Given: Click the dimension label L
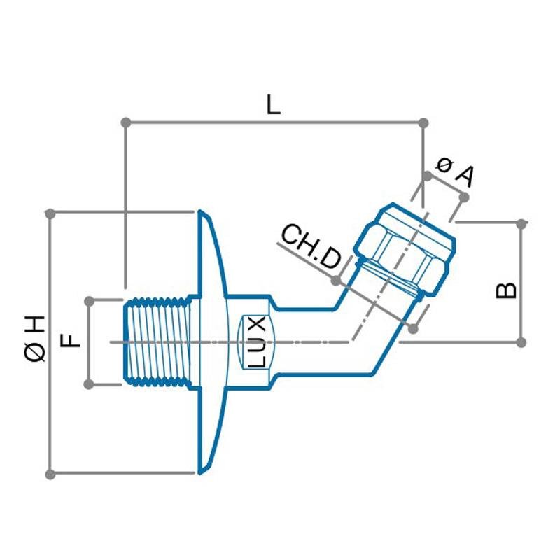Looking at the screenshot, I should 273,105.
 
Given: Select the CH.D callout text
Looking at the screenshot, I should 311,247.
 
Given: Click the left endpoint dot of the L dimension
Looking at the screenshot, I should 126,122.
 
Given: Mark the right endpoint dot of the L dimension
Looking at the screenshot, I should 423,122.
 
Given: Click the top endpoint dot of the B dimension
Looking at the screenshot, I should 521,224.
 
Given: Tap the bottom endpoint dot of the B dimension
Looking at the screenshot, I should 521,342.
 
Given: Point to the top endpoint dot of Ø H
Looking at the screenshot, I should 50,212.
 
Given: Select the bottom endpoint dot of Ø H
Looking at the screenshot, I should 50,474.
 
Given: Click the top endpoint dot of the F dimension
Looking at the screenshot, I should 89,301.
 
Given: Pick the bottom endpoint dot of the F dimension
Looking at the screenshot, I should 89,384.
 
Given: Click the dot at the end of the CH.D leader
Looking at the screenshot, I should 335,281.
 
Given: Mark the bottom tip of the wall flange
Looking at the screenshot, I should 200,473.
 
